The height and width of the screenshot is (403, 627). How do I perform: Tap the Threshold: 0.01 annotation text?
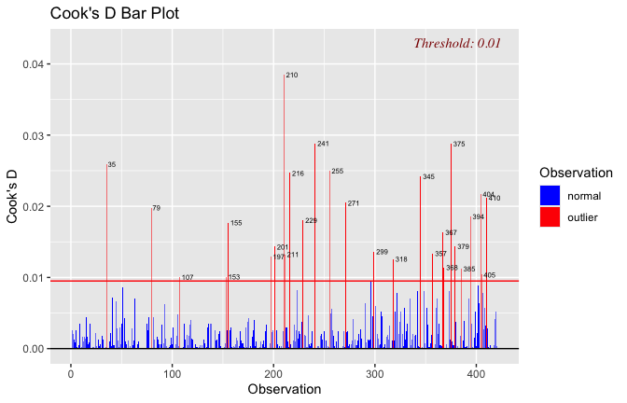(x=457, y=43)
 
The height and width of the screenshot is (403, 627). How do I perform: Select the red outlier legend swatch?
(x=550, y=217)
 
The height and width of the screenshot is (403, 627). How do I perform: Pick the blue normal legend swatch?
(x=550, y=195)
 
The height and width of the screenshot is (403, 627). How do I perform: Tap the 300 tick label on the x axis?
(x=374, y=372)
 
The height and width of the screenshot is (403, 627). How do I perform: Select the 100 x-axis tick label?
(x=172, y=372)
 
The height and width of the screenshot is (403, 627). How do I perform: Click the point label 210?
(x=292, y=75)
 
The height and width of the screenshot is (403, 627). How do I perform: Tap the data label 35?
(x=112, y=165)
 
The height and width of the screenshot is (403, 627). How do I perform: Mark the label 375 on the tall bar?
(x=458, y=145)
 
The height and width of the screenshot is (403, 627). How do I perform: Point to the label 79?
(x=156, y=208)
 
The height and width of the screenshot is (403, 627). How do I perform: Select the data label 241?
(x=323, y=145)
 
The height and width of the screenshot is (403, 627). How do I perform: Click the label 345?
(x=428, y=177)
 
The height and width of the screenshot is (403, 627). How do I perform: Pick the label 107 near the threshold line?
(x=188, y=278)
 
